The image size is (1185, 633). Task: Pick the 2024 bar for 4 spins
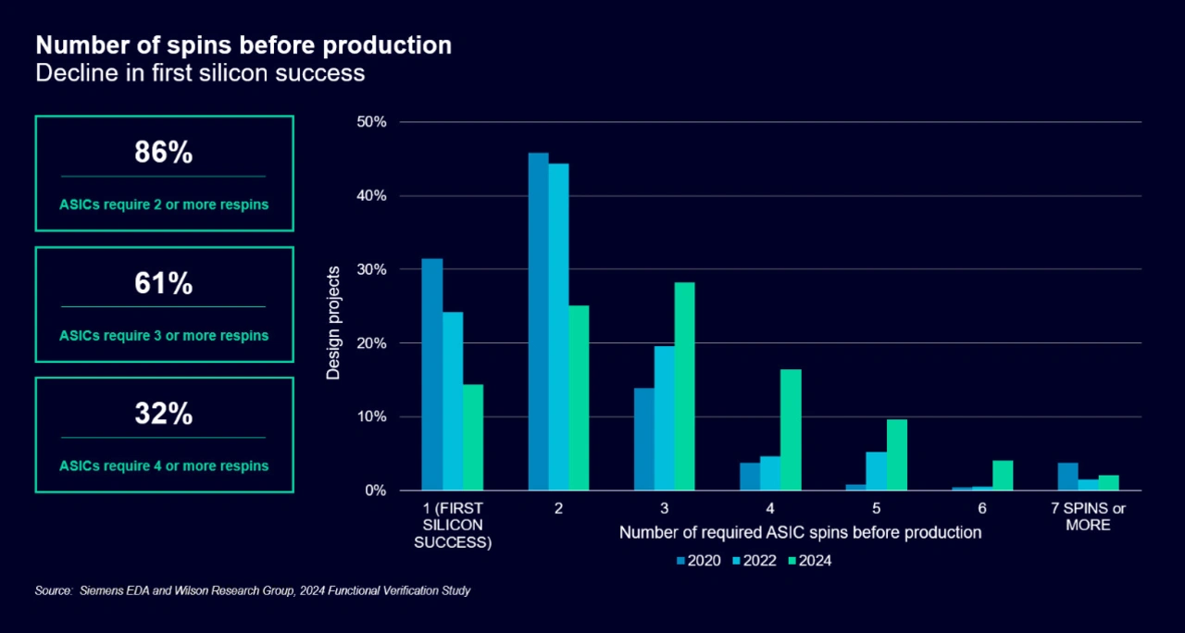(x=791, y=429)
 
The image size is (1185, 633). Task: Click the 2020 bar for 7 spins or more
(x=1067, y=477)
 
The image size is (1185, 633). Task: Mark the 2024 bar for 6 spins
(x=1003, y=476)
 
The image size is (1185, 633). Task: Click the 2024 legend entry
(x=808, y=560)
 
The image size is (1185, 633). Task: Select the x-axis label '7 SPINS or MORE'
(x=1088, y=516)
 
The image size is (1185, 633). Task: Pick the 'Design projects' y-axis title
(x=334, y=323)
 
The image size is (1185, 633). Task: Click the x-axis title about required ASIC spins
(x=800, y=533)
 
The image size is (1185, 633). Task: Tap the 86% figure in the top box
(x=164, y=154)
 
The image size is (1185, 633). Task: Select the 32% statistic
(x=164, y=415)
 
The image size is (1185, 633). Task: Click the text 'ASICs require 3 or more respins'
(x=164, y=335)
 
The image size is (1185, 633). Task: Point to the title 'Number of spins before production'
(x=243, y=44)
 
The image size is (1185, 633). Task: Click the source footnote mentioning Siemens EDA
(x=253, y=590)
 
